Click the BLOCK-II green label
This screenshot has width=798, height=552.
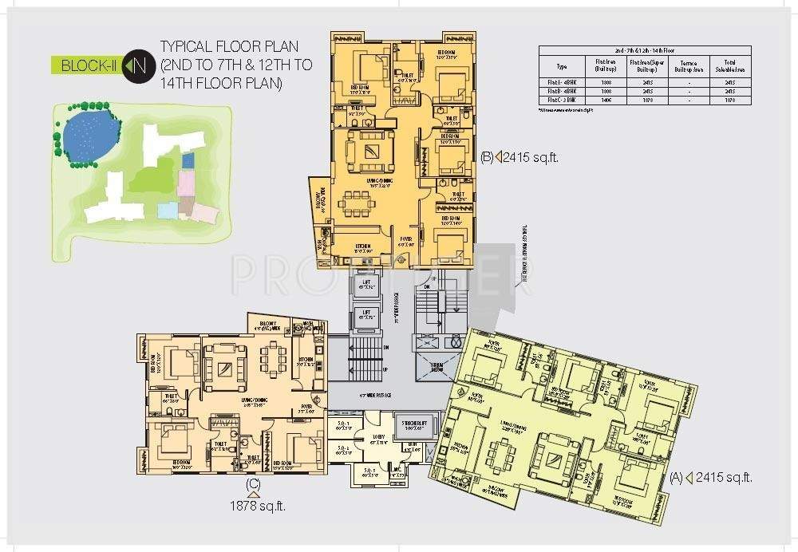tap(85, 65)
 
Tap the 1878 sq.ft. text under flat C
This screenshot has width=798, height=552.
tap(257, 504)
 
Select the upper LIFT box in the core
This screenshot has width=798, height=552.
tap(366, 284)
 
